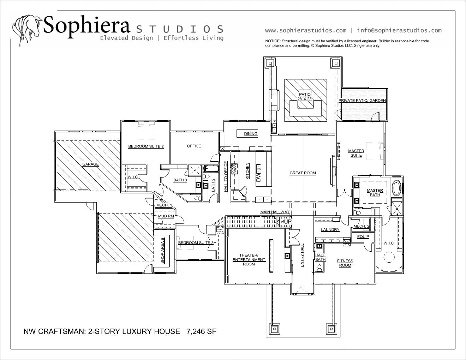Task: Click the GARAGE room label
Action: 90,164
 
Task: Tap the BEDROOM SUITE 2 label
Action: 146,146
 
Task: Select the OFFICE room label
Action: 194,146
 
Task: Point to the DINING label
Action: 251,134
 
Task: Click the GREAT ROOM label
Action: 303,173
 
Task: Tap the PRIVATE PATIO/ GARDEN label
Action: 362,101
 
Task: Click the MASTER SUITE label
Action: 356,153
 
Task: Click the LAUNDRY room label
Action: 330,230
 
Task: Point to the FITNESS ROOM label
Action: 345,263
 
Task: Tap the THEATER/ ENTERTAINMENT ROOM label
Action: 249,260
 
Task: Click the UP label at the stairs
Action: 287,221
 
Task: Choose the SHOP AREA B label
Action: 162,251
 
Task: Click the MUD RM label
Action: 166,216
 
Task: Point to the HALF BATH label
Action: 320,258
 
